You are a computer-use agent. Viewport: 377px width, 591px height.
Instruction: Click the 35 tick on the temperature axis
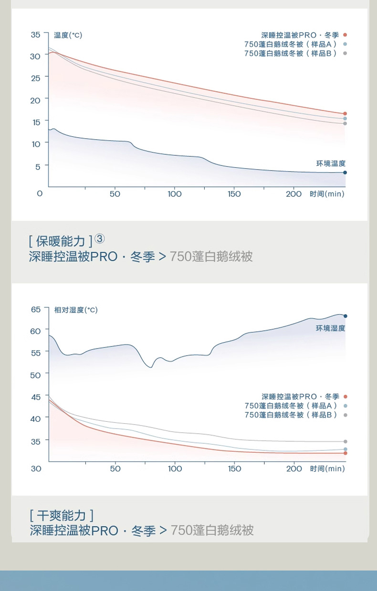pos(36,35)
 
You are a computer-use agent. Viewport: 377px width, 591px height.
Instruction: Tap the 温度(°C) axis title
pos(68,35)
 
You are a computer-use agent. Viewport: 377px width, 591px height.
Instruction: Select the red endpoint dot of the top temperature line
pos(345,114)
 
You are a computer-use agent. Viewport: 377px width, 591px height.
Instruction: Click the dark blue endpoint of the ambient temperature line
pos(345,173)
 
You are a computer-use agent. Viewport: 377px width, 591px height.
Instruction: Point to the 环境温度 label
pos(331,163)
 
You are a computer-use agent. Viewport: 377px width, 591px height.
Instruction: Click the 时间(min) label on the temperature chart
pos(327,194)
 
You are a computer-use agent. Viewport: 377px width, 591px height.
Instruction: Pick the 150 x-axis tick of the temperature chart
pos(234,194)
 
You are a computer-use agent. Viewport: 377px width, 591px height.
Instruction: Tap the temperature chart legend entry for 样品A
pos(291,44)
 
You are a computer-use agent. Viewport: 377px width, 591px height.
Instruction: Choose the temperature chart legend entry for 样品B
pos(291,53)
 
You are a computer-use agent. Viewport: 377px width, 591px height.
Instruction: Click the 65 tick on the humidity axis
pos(36,309)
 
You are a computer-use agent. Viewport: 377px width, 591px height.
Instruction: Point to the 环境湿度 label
pos(330,328)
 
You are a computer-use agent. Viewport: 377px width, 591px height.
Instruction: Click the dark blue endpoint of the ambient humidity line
pos(345,316)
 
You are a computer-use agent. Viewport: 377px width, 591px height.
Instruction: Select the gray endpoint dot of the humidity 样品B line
pos(345,442)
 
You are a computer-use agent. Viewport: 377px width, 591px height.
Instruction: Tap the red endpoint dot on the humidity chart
pos(345,453)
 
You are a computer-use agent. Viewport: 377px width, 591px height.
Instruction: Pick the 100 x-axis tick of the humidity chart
pos(175,469)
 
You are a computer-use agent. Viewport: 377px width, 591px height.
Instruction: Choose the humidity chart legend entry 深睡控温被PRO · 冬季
pos(300,397)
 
